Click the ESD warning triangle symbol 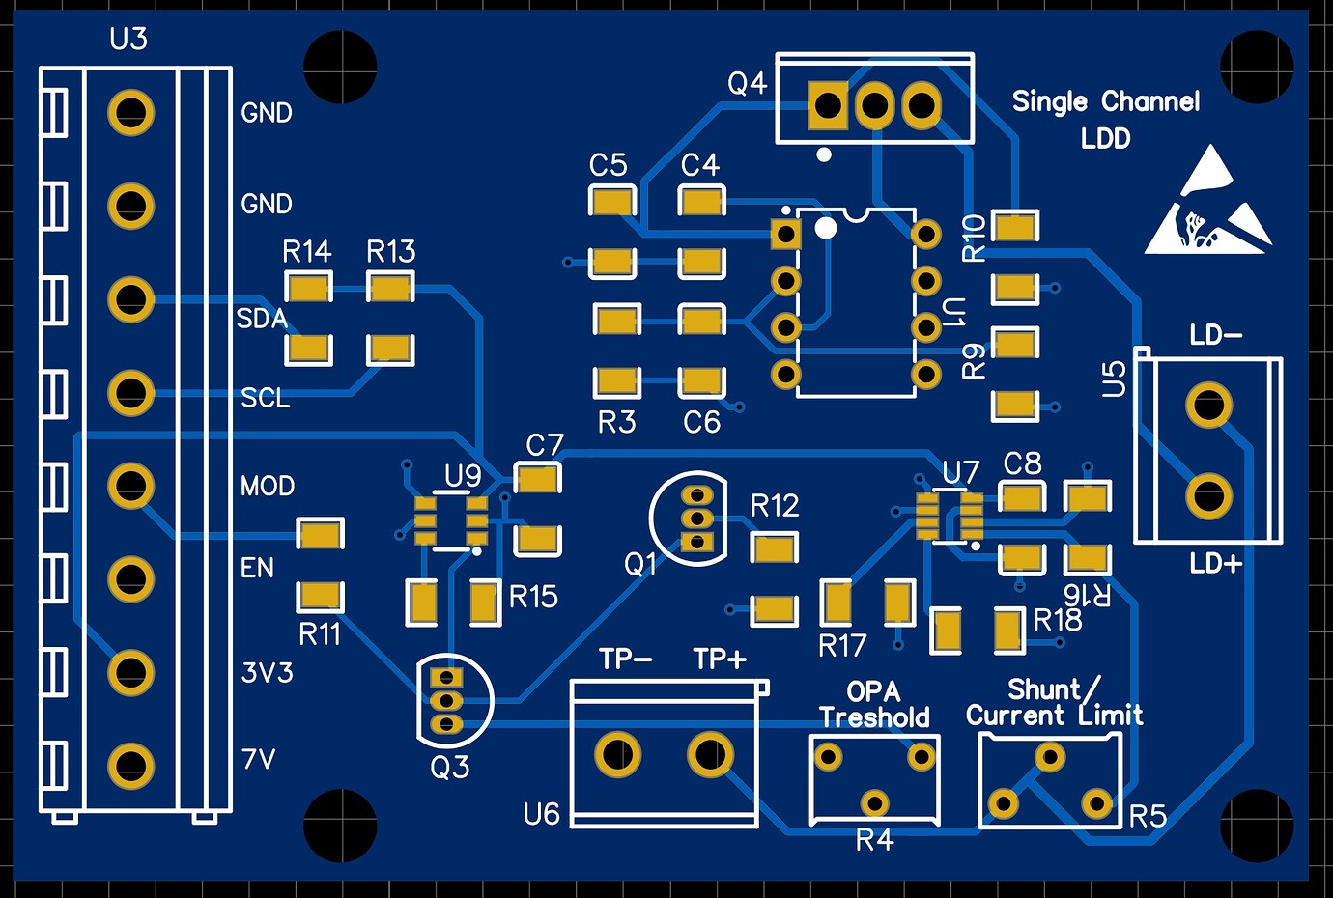pos(1208,205)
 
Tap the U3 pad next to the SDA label pos(130,299)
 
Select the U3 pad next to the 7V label pos(130,766)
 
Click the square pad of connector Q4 pos(828,104)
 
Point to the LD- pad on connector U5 pos(1208,405)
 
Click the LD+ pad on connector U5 pos(1208,496)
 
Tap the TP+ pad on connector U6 pos(710,754)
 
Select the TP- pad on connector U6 pos(617,754)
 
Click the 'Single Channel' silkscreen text pos(1105,101)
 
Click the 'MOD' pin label pos(268,486)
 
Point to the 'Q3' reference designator pos(449,768)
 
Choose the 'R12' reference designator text pos(774,506)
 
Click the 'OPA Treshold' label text pos(873,705)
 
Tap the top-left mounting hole pos(340,67)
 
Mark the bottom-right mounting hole pos(1257,826)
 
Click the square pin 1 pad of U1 pos(786,234)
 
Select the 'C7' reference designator pos(544,445)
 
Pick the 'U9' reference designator pos(463,475)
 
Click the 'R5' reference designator pos(1148,817)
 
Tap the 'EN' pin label pos(257,568)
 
